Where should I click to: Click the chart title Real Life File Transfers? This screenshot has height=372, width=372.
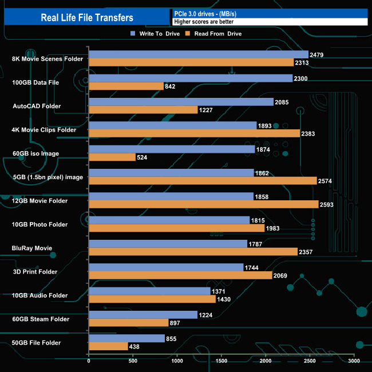click(87, 17)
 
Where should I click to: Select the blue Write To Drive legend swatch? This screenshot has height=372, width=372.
click(133, 34)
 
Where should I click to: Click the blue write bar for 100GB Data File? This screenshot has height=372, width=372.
click(191, 78)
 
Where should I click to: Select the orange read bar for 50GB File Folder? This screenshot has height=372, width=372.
click(108, 347)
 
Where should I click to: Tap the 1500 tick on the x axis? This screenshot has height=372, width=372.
click(221, 361)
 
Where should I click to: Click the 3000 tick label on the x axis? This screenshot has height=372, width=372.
click(354, 361)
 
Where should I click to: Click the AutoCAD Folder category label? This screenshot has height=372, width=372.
click(37, 106)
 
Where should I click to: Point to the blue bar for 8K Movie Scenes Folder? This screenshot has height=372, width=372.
click(199, 55)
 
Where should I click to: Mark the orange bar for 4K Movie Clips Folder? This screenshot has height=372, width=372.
click(194, 133)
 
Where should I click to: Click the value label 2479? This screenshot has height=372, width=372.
click(318, 55)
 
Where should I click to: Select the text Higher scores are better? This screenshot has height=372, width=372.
click(204, 22)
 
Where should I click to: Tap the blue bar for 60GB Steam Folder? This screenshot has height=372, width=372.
click(143, 315)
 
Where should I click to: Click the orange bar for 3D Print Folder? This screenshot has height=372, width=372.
click(180, 276)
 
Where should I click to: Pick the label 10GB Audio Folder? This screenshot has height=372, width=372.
click(40, 296)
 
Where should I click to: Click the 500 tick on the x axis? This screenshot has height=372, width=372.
click(133, 361)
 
